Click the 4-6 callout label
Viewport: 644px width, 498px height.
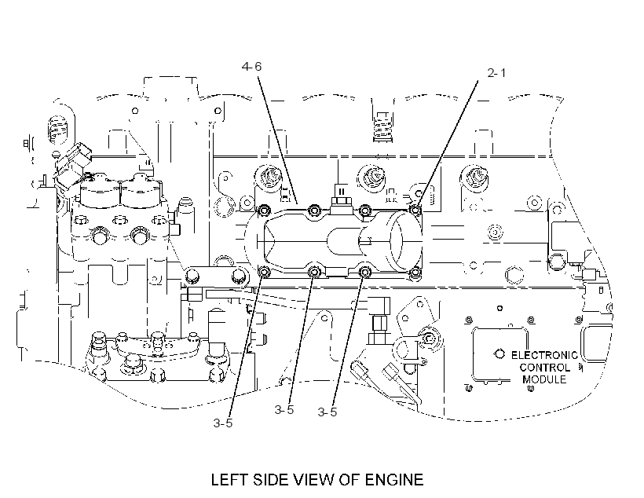pos(251,67)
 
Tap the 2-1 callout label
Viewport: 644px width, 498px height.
pos(496,73)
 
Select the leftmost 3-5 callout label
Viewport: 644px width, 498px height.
pos(222,423)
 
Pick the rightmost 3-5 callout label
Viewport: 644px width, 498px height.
pos(327,412)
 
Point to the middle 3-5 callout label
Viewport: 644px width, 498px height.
pos(284,410)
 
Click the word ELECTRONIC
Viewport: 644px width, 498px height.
pos(544,355)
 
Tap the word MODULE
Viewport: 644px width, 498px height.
pos(544,379)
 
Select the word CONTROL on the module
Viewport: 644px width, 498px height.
pos(545,368)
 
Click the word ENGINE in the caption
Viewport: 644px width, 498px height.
pos(394,479)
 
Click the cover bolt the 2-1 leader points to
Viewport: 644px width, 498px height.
pos(415,211)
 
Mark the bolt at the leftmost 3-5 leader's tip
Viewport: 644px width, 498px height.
pos(264,272)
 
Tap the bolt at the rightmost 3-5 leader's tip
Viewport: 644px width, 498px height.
pos(364,272)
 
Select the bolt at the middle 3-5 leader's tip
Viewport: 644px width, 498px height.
pos(314,272)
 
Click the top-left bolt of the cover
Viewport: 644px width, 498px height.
pos(264,211)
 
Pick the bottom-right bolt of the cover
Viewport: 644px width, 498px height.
pos(415,272)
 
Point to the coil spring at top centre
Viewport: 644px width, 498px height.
pos(382,126)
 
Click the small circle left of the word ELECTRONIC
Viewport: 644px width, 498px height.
pos(499,353)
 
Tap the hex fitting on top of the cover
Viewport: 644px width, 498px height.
pos(340,201)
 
